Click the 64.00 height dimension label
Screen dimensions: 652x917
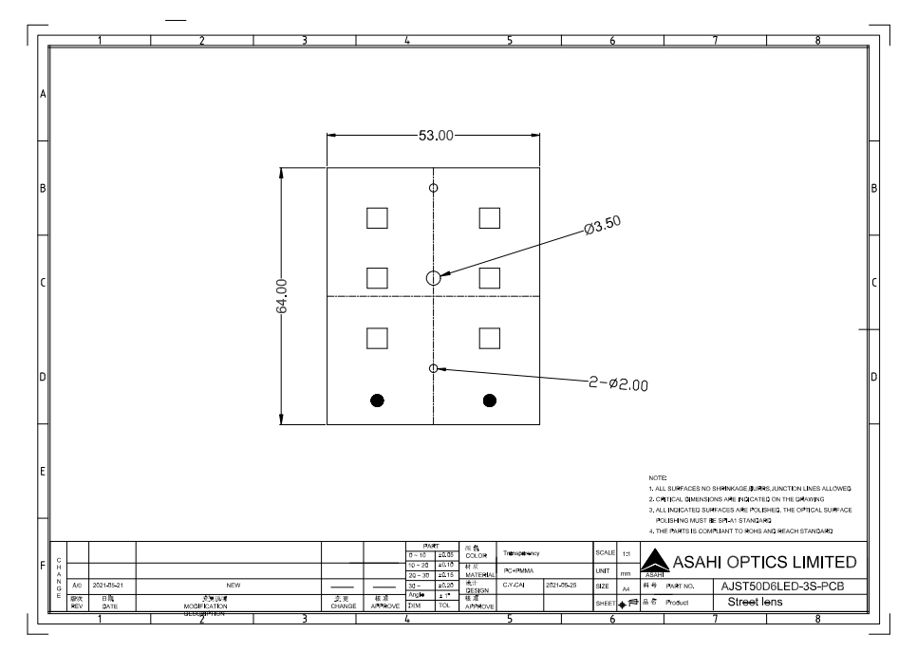(282, 296)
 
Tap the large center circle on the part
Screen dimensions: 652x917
(433, 277)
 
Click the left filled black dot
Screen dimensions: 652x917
(378, 400)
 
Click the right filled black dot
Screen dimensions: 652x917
(490, 400)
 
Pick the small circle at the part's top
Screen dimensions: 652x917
(433, 187)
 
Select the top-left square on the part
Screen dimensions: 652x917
(377, 217)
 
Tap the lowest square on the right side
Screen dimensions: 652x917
(490, 338)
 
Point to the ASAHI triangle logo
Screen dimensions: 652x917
(656, 565)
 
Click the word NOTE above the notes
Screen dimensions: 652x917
(658, 476)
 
